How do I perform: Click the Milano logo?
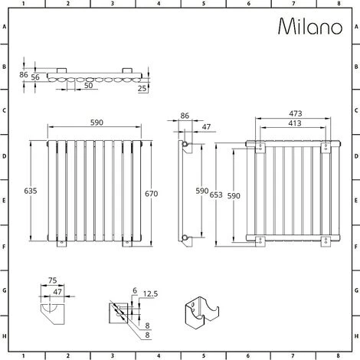[310, 26]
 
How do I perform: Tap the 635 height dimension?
[31, 191]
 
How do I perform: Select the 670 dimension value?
[152, 194]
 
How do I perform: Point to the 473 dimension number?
[296, 113]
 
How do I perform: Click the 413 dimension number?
[295, 123]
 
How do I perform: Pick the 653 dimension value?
[216, 195]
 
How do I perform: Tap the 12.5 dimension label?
[150, 294]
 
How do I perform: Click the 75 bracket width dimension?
[52, 280]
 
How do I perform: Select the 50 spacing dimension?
[88, 85]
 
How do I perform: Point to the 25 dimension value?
[142, 88]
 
